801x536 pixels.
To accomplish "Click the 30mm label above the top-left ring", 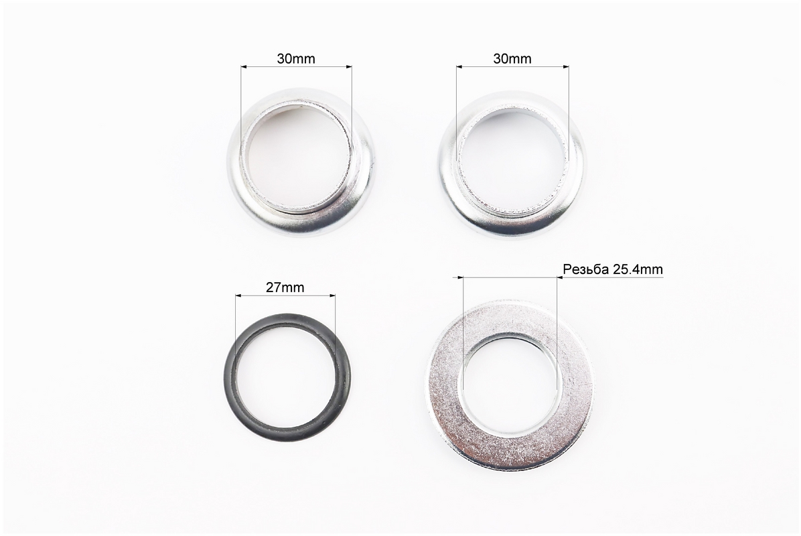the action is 296,59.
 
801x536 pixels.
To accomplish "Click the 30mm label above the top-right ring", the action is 512,59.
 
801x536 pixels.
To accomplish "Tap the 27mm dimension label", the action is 285,287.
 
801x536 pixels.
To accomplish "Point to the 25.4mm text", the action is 638,269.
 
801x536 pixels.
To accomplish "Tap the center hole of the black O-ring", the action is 287,372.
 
